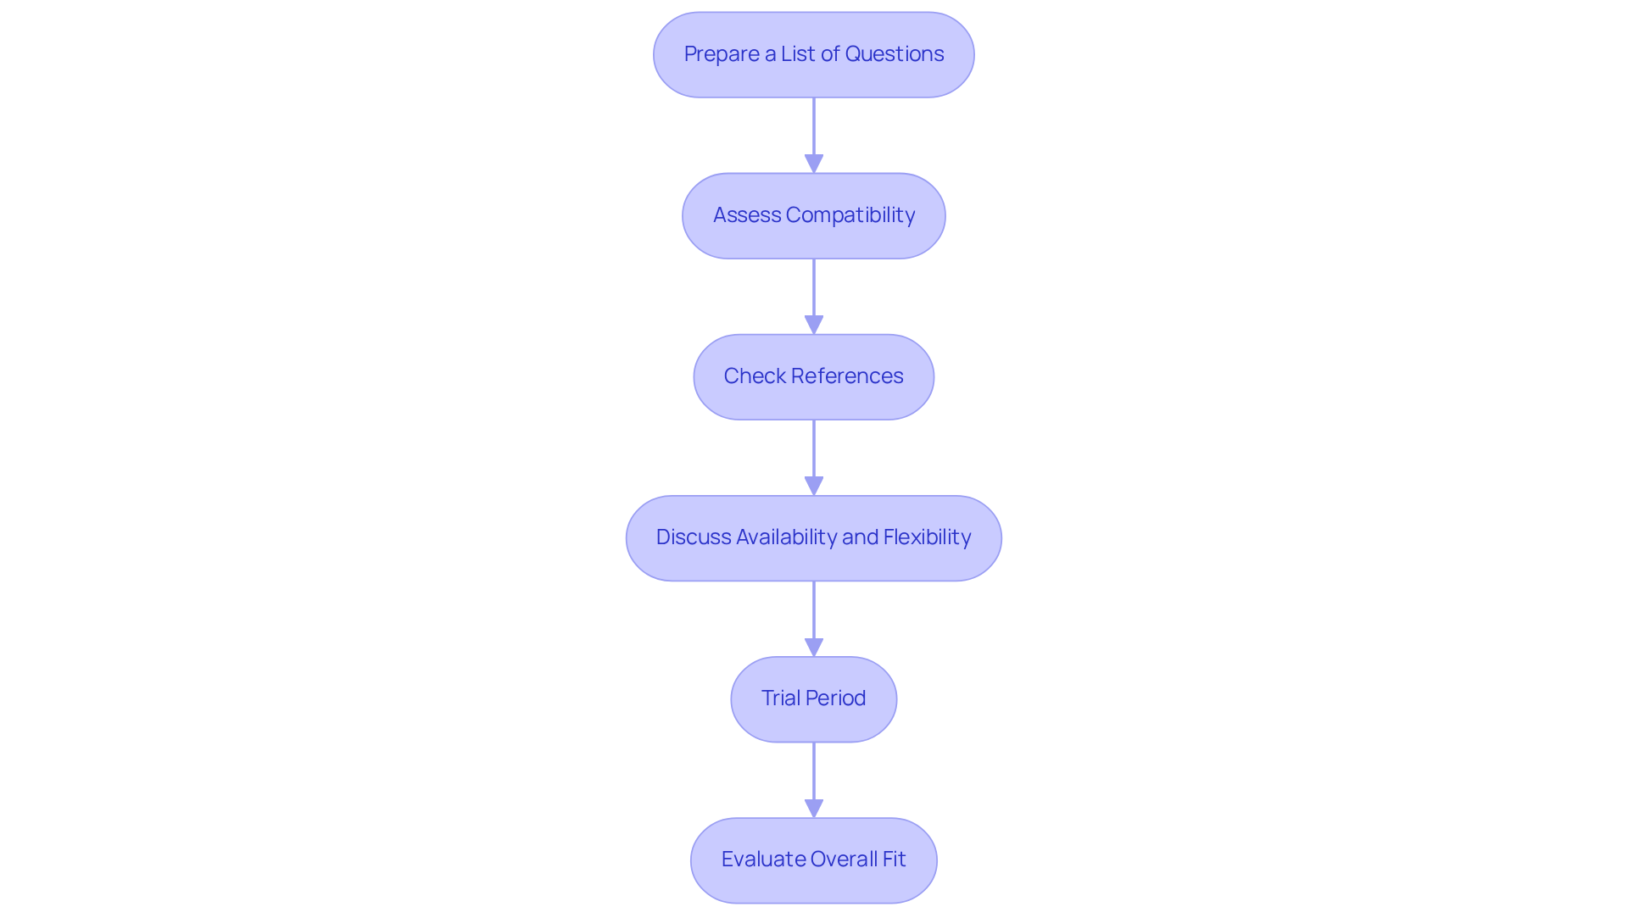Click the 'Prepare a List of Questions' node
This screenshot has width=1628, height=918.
tap(813, 54)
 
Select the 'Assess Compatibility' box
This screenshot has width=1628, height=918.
tap(813, 215)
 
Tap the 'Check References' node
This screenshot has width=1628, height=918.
tap(813, 376)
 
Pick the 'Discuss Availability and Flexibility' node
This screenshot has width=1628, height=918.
tap(813, 537)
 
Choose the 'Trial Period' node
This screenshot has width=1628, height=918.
tap(813, 698)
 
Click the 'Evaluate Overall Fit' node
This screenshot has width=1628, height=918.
tap(813, 860)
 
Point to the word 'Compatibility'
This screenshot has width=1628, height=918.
tap(850, 215)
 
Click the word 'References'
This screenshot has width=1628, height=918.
tap(847, 376)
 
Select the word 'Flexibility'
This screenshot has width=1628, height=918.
tap(927, 537)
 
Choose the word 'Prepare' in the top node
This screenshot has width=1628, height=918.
tap(722, 54)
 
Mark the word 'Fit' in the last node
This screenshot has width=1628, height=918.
tap(893, 860)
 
